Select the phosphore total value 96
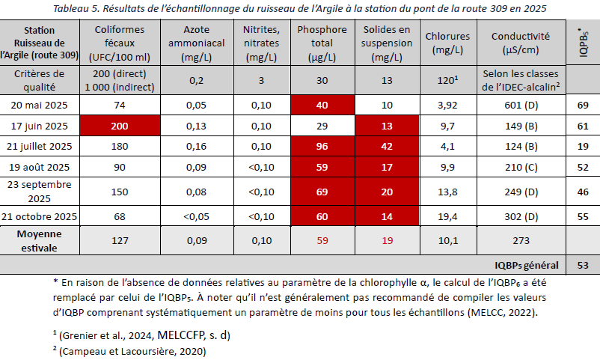[x=322, y=146]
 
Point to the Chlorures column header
[x=447, y=43]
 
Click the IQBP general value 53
[x=582, y=264]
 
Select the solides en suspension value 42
[x=387, y=146]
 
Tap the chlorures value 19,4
[x=447, y=217]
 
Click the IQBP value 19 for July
[x=582, y=146]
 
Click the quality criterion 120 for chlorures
[x=446, y=80]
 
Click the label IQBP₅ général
[x=527, y=264]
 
